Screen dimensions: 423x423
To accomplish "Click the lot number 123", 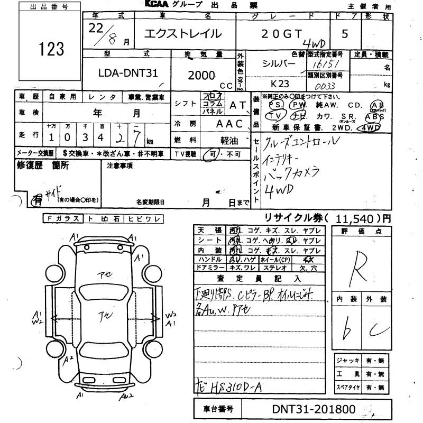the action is pyautogui.click(x=51, y=49).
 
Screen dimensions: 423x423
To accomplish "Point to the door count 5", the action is pyautogui.click(x=345, y=34).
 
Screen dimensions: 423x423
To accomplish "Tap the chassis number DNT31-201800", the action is pyautogui.click(x=314, y=409).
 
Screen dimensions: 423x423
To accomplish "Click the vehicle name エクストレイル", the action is pyautogui.click(x=183, y=34).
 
